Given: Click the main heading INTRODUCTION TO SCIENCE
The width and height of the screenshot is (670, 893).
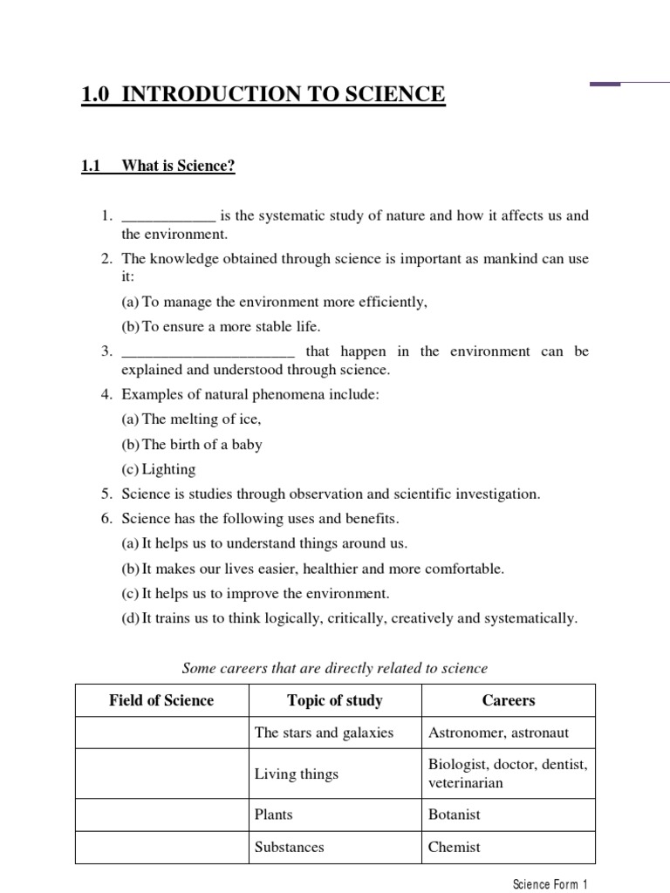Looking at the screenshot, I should (x=263, y=94).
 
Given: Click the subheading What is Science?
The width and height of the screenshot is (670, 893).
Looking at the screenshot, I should (x=178, y=166).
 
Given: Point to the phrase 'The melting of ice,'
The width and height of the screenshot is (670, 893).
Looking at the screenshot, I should (x=191, y=419).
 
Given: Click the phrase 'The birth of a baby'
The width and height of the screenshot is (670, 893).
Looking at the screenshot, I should (x=191, y=444).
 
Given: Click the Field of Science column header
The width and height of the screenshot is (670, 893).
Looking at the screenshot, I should (x=161, y=700).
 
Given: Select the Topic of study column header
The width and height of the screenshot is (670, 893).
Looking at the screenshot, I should (x=335, y=700).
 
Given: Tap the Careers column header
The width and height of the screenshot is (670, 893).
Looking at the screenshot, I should (x=509, y=700).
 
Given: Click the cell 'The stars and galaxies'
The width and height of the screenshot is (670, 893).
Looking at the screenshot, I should (x=324, y=733).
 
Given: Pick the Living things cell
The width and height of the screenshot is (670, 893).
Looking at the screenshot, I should (x=297, y=774).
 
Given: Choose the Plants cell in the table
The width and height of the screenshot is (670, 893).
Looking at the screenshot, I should (x=274, y=815).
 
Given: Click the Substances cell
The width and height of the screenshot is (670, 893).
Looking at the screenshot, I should (x=289, y=847).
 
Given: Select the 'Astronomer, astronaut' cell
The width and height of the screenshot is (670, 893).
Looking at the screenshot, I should (x=498, y=733).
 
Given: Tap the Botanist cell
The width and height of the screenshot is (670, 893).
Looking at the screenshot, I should (x=455, y=815).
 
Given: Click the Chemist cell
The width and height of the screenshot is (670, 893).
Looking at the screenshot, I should (x=455, y=847).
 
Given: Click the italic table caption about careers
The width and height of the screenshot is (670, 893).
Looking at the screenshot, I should (x=334, y=668).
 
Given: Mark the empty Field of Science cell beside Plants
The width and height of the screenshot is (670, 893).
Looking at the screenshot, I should (x=161, y=815).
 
